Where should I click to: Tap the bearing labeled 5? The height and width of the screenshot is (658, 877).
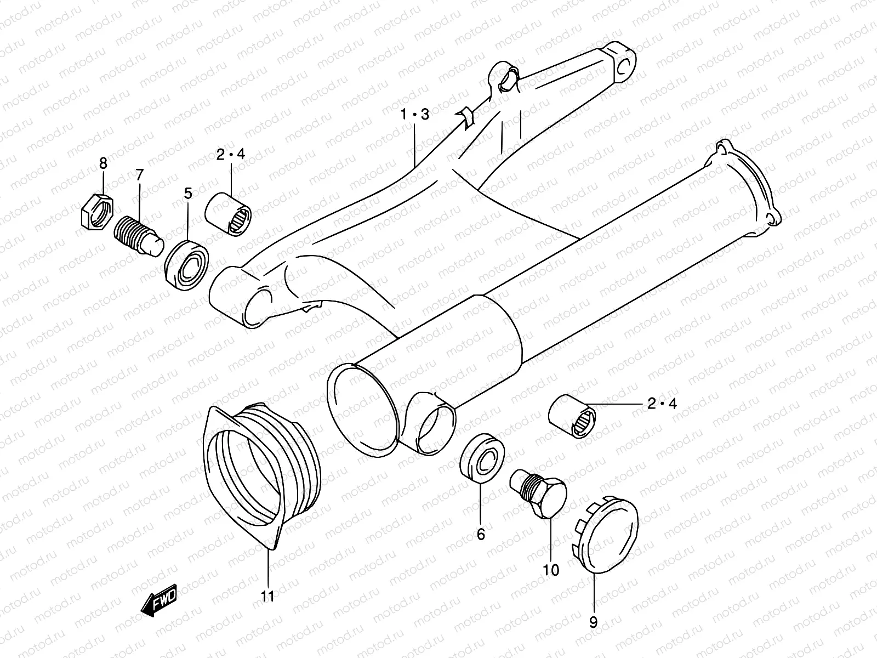(187, 261)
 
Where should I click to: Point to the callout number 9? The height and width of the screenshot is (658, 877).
(593, 622)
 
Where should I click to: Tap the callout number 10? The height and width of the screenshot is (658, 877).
(551, 570)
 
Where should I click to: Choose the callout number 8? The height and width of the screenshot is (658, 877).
(103, 163)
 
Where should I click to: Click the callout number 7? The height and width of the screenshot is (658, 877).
(139, 175)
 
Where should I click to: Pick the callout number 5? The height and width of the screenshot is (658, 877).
(188, 193)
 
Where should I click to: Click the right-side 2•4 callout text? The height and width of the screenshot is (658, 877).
(662, 404)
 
